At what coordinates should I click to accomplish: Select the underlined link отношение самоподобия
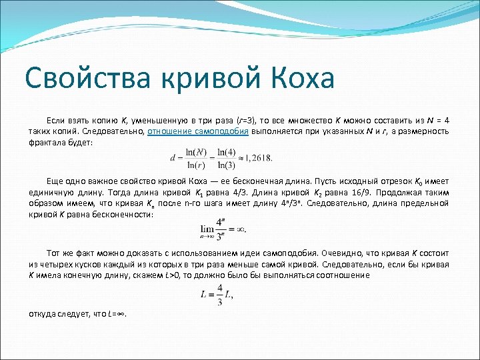tap(198, 132)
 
